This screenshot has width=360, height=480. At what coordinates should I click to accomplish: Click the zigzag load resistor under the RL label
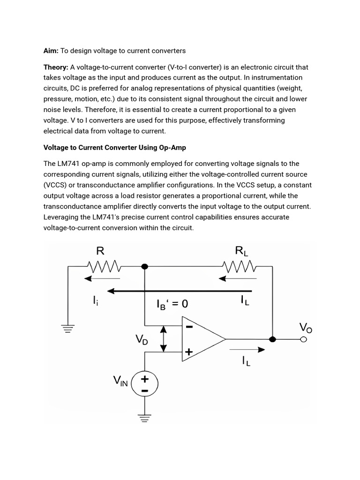[240, 267]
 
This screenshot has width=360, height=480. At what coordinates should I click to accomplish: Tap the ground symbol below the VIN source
[145, 417]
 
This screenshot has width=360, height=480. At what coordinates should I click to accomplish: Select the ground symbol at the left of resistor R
[68, 329]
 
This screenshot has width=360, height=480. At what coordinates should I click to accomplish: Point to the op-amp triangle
[202, 338]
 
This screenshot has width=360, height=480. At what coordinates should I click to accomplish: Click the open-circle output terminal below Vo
[304, 339]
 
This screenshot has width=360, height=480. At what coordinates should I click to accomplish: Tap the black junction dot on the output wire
[272, 339]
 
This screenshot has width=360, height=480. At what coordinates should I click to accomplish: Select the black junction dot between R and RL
[145, 267]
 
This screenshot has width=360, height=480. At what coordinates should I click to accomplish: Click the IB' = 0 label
[172, 304]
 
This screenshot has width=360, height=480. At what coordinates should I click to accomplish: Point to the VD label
[142, 339]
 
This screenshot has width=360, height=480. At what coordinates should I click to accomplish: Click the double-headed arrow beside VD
[163, 339]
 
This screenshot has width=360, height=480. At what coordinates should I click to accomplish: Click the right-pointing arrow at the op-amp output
[247, 349]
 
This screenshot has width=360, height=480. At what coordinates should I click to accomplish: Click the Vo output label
[306, 327]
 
